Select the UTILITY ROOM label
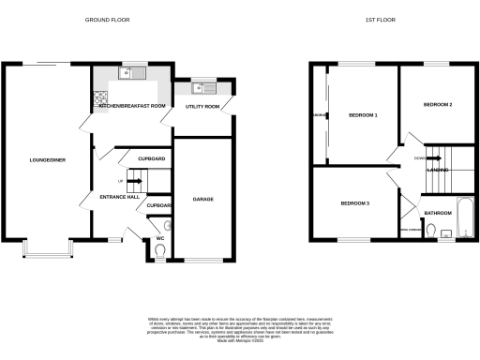point(202,107)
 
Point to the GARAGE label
point(203,200)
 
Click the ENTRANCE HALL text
point(120,197)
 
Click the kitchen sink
point(130,74)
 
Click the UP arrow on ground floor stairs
point(120,181)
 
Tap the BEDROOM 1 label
point(363,115)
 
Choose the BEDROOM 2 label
point(439,104)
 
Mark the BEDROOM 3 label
point(354,203)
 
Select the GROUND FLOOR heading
point(108,20)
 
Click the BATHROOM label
point(438,214)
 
